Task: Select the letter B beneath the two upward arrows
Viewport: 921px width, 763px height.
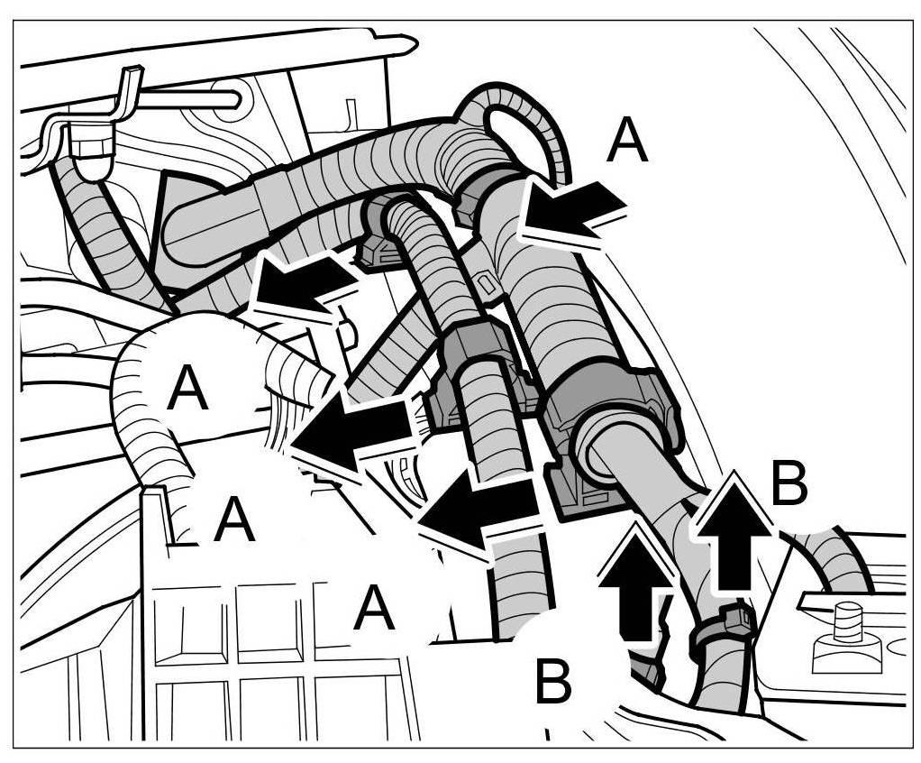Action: tap(553, 682)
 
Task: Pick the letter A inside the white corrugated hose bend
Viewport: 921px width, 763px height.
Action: tap(187, 389)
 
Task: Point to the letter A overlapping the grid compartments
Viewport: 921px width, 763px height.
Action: tap(374, 609)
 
